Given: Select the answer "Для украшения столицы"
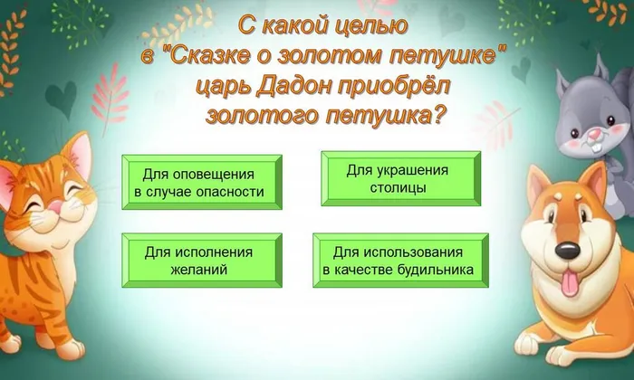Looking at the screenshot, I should click(x=400, y=178).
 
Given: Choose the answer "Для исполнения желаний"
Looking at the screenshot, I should click(x=201, y=261).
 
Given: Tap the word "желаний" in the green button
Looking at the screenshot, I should click(x=201, y=270).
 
